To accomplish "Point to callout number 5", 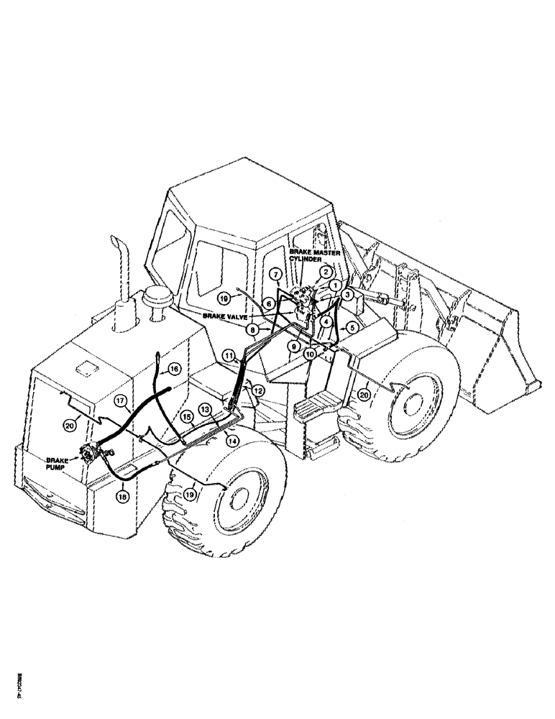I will click(352, 326).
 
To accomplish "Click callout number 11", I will click(229, 355).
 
